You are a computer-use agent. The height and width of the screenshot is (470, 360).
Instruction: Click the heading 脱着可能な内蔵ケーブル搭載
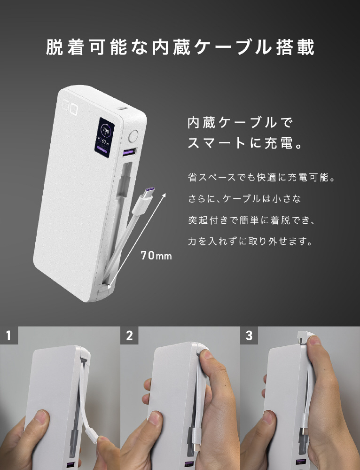coord(180,47)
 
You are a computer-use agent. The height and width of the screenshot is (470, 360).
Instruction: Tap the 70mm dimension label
coord(156,256)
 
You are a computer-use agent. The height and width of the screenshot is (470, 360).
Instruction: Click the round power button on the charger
coord(133,136)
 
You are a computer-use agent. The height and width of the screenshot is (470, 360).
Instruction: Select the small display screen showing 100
coord(104,137)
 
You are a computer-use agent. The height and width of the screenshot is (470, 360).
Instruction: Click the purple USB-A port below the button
coord(129,152)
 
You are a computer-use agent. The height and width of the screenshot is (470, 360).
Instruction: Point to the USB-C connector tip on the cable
coord(149,191)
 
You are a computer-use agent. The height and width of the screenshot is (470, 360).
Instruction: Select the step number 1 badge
coord(8,335)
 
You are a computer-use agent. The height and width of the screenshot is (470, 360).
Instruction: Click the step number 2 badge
coord(129,335)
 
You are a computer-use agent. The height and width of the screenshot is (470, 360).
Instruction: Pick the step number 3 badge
coord(249,335)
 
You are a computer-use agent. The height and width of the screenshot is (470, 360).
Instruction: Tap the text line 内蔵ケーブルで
coord(240,123)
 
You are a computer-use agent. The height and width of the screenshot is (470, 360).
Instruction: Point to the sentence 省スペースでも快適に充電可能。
coord(261,178)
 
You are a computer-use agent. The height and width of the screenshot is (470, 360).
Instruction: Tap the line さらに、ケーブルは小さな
coord(244,199)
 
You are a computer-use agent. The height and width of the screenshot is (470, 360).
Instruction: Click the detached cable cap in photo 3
coord(305,337)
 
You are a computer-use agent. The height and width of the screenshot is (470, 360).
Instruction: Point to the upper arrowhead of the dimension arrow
coord(164,195)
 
